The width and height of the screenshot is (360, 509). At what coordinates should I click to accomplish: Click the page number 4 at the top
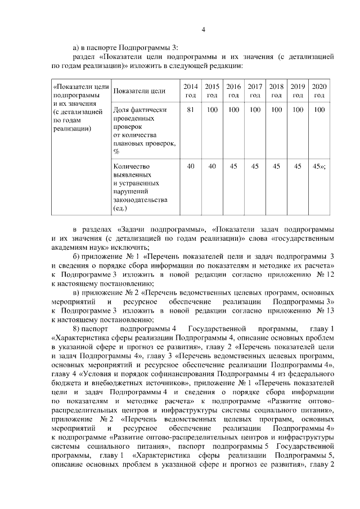tap(204, 30)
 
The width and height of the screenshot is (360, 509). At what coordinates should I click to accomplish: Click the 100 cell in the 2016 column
tap(233, 110)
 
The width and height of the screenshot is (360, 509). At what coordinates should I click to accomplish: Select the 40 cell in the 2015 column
tap(212, 166)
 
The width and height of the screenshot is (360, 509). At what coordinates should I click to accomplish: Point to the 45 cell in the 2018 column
tap(276, 166)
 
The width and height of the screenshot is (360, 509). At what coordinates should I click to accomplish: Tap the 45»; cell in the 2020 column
tap(320, 166)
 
